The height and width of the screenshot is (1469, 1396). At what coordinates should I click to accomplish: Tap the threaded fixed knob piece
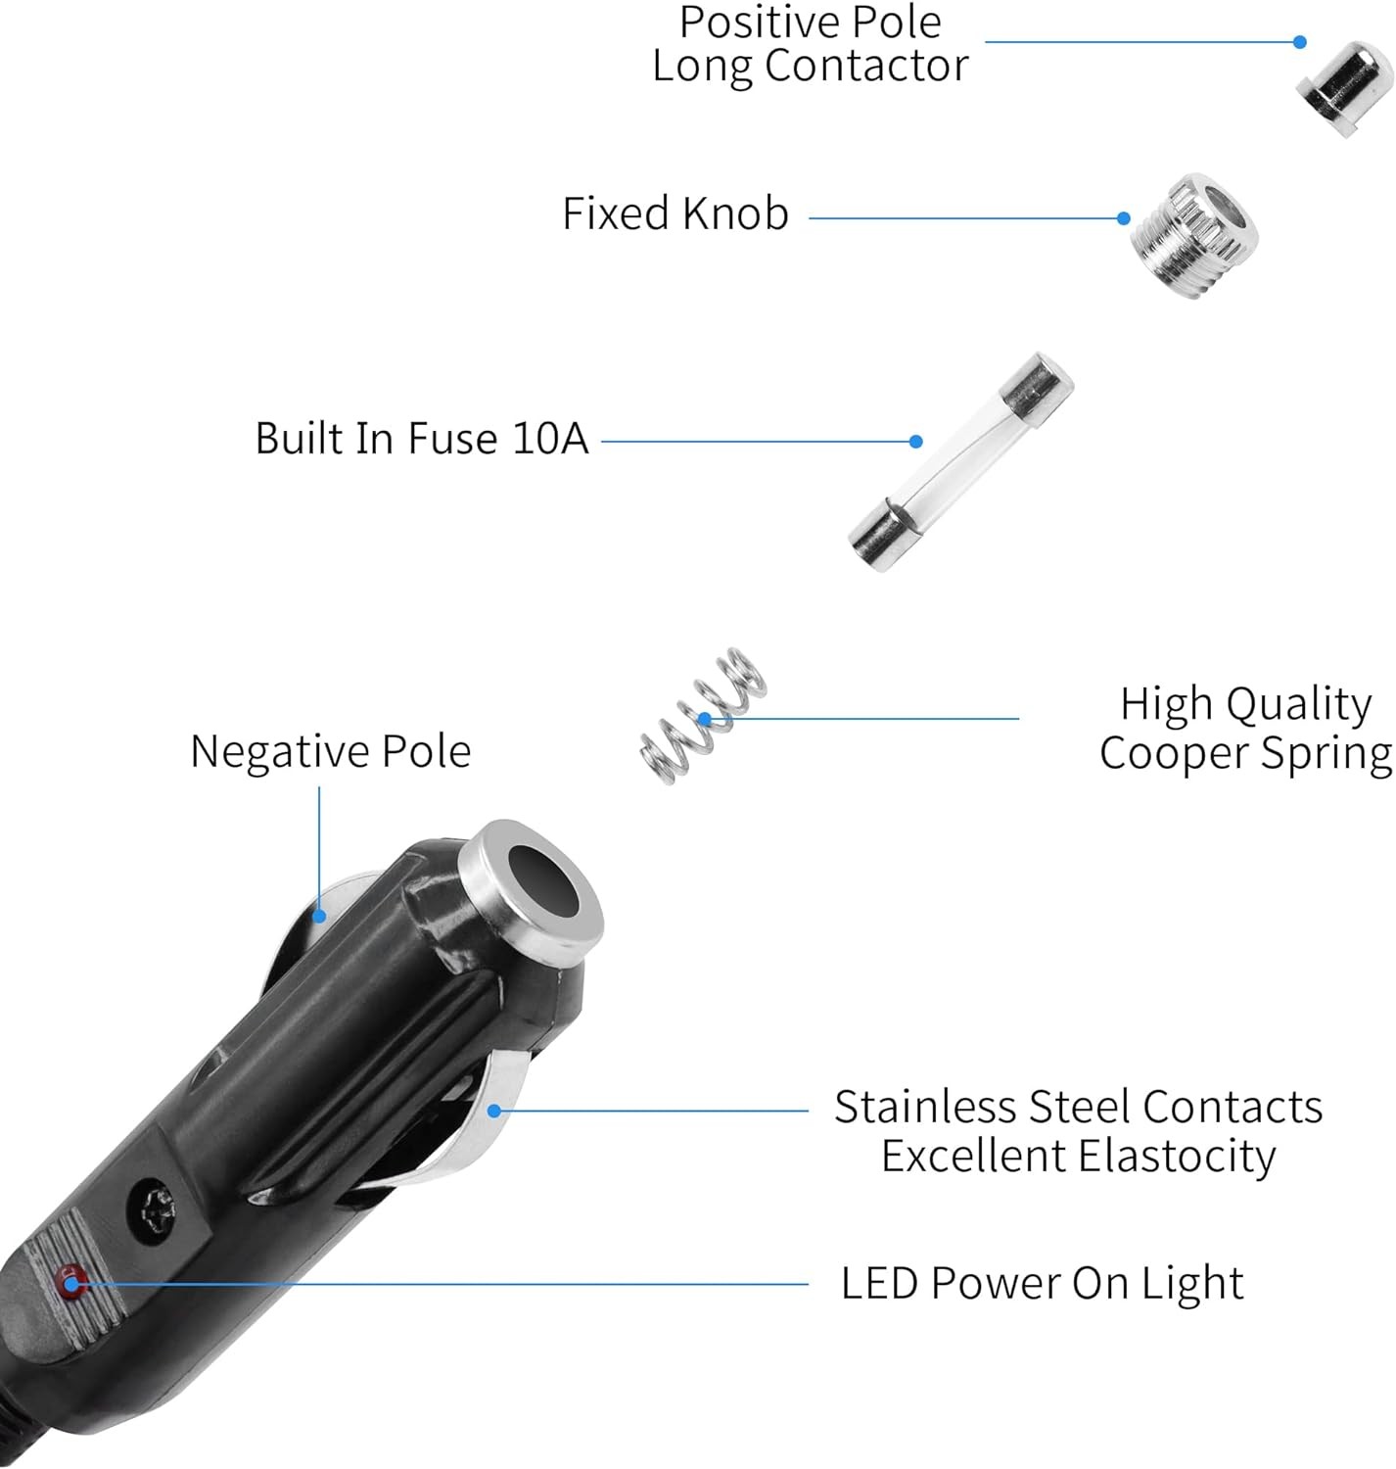(x=1193, y=234)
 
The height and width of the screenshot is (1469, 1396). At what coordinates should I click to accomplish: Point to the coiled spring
(x=702, y=719)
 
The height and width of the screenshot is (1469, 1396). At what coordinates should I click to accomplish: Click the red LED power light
(x=70, y=1280)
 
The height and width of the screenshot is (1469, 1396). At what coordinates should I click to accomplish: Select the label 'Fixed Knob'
(x=675, y=213)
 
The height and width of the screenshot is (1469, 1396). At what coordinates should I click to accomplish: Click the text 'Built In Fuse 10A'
(x=421, y=439)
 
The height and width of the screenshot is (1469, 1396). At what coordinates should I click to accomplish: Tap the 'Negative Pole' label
(x=330, y=751)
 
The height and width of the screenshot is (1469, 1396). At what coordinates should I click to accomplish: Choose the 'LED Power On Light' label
(x=1042, y=1283)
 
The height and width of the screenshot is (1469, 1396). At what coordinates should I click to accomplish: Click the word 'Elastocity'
(x=1154, y=1157)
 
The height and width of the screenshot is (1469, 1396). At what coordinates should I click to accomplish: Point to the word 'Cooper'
(x=1173, y=754)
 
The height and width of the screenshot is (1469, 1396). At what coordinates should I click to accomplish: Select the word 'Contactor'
(x=866, y=67)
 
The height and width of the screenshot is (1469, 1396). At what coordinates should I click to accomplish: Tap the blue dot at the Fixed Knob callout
(x=1124, y=218)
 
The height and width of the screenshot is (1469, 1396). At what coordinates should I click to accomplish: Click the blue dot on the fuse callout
(x=915, y=442)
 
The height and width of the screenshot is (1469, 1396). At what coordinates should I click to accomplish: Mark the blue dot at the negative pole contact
(x=319, y=917)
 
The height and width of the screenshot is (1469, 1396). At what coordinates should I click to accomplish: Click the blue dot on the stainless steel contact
(x=494, y=1111)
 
